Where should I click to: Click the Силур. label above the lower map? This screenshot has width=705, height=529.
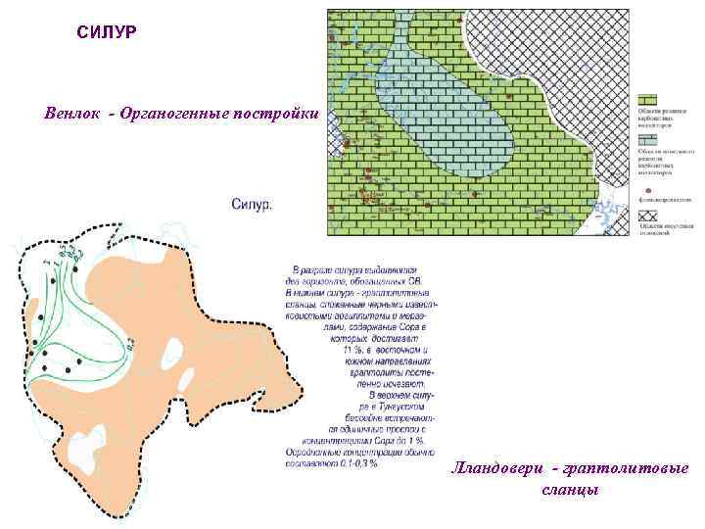pyautogui.click(x=253, y=204)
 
